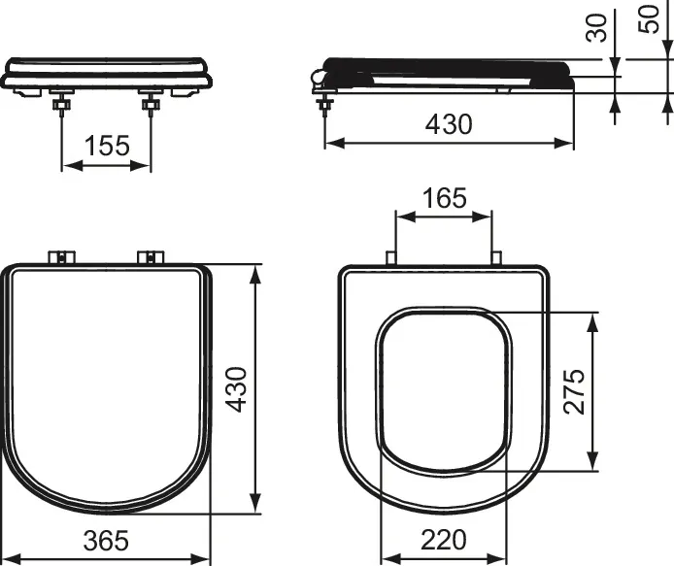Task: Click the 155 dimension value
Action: coord(107,146)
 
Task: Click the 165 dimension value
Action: coord(444,198)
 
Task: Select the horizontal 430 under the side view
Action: coord(448,124)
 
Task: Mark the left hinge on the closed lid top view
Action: coord(62,256)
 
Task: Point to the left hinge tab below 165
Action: coord(391,258)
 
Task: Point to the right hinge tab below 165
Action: coord(496,258)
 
